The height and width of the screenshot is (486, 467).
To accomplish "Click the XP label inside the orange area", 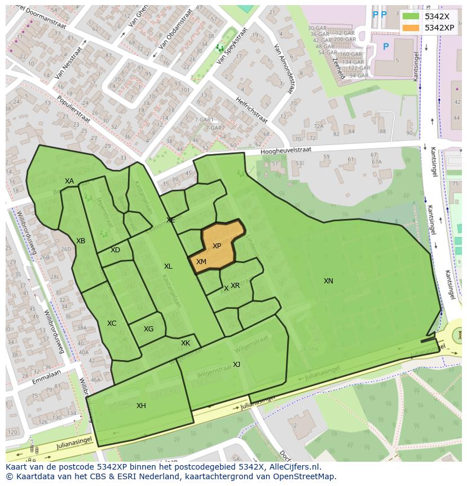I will [x=217, y=246].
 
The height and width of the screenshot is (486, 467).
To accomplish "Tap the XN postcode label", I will [x=328, y=281].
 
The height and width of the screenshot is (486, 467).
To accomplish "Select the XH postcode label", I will [x=141, y=405].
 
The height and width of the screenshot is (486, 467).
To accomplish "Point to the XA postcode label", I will [x=69, y=181].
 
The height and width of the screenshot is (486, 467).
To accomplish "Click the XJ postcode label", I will [x=237, y=365].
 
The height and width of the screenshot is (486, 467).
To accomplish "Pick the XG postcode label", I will [x=148, y=329].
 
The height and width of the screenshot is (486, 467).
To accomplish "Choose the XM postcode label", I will [x=201, y=262].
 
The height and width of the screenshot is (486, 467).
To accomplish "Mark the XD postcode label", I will [x=115, y=250].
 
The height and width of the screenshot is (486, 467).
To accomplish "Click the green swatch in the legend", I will [x=411, y=16].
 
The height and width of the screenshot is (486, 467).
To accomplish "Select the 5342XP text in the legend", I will [x=439, y=28].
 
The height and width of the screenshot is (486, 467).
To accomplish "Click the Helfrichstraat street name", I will [x=252, y=108].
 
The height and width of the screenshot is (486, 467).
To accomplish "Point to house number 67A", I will [x=376, y=162].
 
